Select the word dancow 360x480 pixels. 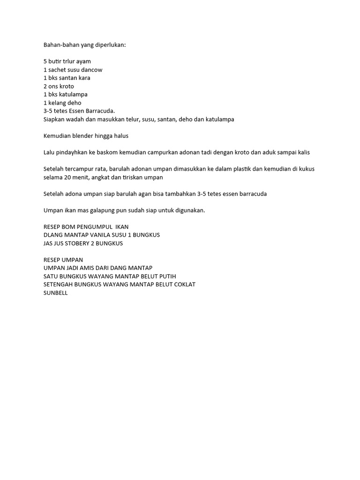pyautogui.click(x=92, y=70)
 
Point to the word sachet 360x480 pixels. pyautogui.click(x=58, y=70)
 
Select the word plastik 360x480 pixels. pyautogui.click(x=241, y=169)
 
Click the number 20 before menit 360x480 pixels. pyautogui.click(x=67, y=178)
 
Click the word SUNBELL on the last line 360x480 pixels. pyautogui.click(x=55, y=293)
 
